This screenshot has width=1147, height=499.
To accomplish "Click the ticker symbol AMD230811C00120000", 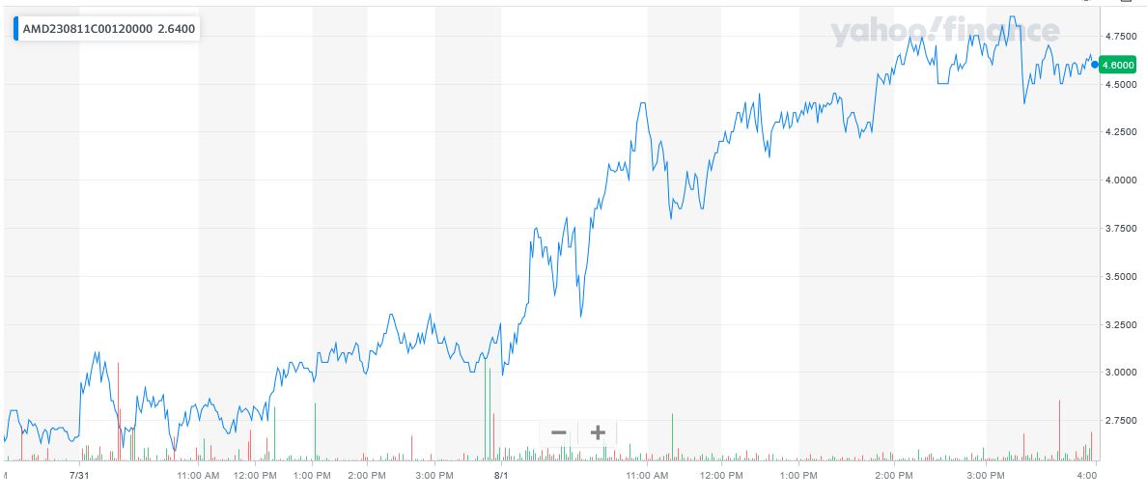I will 87,29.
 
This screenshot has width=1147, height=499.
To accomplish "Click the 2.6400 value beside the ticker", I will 177,29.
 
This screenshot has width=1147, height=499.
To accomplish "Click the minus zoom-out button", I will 558,432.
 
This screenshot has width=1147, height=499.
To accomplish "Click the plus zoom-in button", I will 597,432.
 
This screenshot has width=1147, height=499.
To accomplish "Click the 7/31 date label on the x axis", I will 80,475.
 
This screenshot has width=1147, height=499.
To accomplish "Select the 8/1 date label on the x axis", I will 501,475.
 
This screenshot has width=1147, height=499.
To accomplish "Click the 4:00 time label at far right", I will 1087,475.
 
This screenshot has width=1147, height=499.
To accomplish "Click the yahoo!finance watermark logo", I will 945,33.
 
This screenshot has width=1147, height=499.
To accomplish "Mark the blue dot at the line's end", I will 1095,65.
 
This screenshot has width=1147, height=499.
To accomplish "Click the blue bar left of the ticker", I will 15,29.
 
